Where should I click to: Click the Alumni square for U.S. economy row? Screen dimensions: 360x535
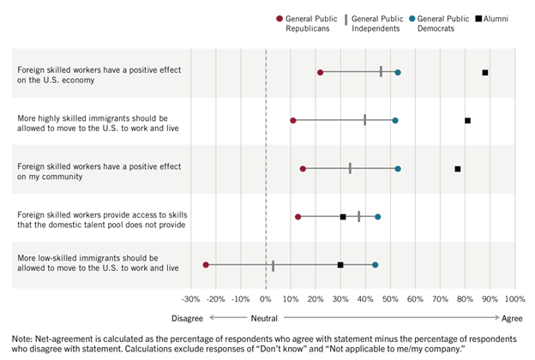pos(485,73)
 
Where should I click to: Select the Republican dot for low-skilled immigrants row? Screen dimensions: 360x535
pos(206,265)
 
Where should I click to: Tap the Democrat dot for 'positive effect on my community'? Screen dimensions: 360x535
pos(398,169)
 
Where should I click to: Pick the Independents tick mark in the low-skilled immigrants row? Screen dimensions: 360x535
pos(273,265)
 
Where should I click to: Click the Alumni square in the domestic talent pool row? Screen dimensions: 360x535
pos(343,217)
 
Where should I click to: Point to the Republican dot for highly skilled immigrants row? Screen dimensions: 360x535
pos(293,121)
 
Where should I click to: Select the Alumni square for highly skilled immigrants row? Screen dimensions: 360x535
pos(467,121)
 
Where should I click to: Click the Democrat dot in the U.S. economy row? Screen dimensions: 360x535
pos(398,73)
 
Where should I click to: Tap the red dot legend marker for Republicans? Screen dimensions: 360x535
pos(280,18)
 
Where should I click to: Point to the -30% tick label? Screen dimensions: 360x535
pos(191,299)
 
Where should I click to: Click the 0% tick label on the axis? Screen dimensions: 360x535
pos(266,299)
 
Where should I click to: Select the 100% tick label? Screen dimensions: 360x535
pos(514,299)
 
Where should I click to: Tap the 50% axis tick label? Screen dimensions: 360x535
pos(391,299)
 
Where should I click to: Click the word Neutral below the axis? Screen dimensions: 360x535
pos(266,317)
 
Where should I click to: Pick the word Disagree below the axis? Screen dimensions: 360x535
pos(188,317)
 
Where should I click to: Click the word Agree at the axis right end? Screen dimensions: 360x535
pos(512,317)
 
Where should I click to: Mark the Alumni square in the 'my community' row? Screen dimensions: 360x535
pos(458,169)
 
